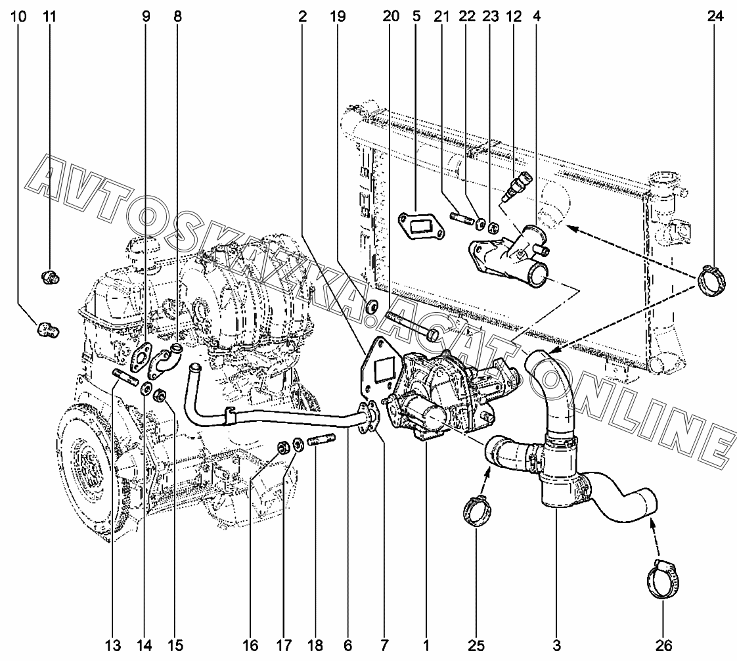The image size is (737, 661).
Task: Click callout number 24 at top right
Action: pyautogui.click(x=715, y=16)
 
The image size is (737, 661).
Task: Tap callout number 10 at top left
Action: pyautogui.click(x=19, y=16)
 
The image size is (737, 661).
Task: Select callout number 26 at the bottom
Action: pyautogui.click(x=663, y=645)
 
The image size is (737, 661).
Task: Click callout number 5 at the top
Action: pyautogui.click(x=416, y=16)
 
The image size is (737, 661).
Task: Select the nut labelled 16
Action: pyautogui.click(x=284, y=447)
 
